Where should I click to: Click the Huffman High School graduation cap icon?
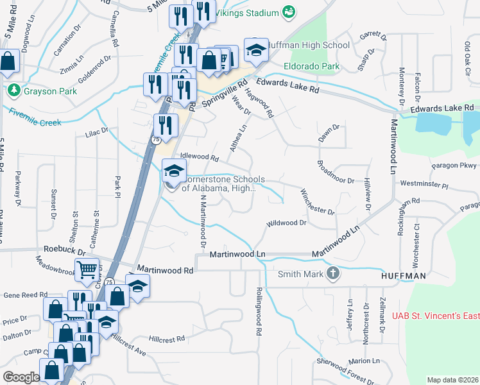click(255, 49)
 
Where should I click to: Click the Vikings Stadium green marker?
click(289, 12)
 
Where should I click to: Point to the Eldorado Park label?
click(313, 65)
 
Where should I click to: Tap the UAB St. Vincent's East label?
click(436, 315)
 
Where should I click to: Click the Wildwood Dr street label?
click(287, 223)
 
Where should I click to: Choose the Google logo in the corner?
click(21, 377)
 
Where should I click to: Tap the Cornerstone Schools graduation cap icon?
click(173, 170)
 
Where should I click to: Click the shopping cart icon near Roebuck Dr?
click(87, 270)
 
